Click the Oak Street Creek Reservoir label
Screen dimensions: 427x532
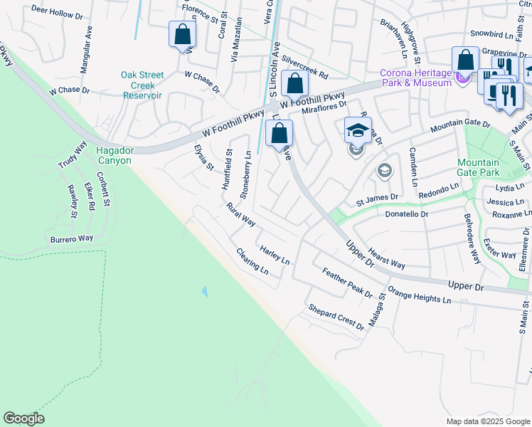pos(142,85)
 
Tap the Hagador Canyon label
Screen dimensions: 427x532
pos(115,156)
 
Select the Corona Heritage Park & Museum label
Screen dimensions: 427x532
pos(415,78)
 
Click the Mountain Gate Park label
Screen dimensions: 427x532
pos(478,168)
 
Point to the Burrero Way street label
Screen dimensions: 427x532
pos(71,240)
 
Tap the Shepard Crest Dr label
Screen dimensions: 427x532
pos(335,317)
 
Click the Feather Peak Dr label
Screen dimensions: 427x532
pos(347,283)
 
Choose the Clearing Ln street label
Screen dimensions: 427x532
pos(252,261)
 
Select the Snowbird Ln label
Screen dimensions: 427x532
pos(491,34)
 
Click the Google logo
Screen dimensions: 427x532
pos(23,418)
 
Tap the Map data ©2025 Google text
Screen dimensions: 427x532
pos(487,421)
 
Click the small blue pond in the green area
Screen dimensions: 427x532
pos(205,292)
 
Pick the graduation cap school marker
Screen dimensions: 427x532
pos(358,131)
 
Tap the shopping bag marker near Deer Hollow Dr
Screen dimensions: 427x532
pos(182,34)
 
